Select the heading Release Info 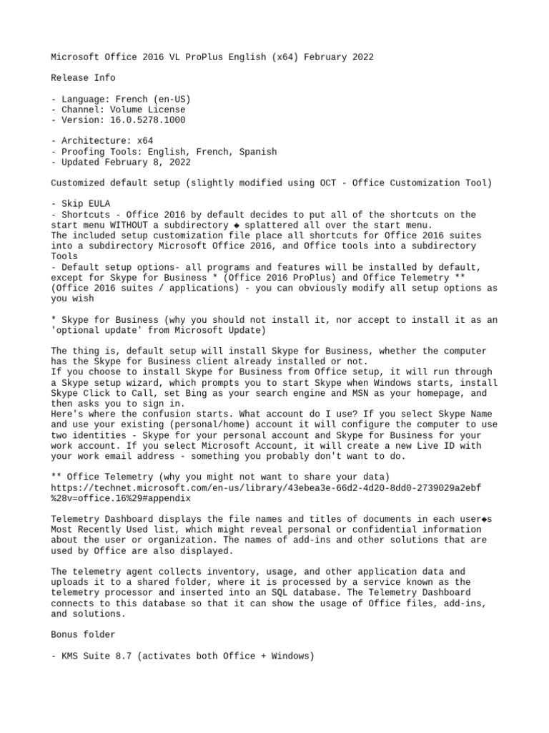(83, 77)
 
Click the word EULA (99, 204)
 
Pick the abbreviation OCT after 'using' (315, 183)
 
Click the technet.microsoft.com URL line (266, 487)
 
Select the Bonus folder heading (83, 634)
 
